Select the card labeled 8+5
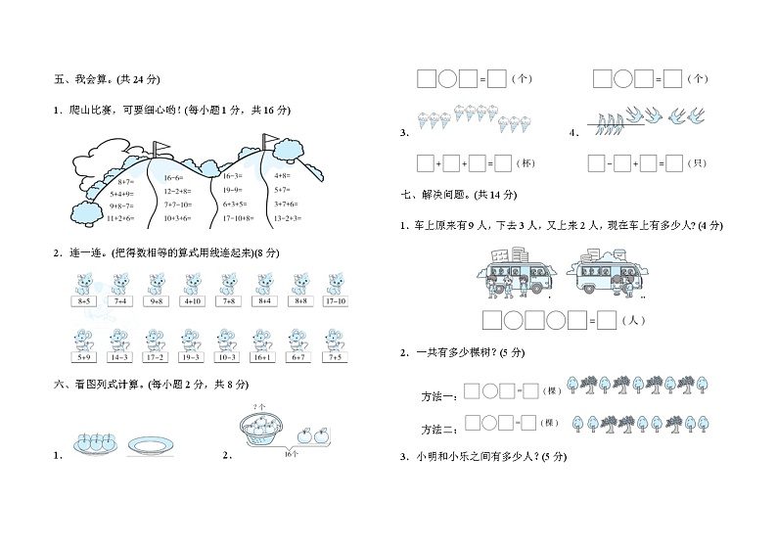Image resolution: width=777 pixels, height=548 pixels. point(84,301)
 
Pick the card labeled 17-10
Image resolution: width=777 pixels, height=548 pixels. point(335,301)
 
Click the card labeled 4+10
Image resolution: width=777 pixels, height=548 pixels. point(192,301)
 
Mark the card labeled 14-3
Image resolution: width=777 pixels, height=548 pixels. point(120,358)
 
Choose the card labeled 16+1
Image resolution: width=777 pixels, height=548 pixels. point(263,358)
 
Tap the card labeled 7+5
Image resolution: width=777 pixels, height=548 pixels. point(335,358)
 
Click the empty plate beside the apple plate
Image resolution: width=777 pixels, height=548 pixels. point(152,446)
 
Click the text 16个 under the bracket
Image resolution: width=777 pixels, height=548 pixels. point(291,454)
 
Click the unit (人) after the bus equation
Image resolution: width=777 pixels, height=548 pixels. point(635,319)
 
